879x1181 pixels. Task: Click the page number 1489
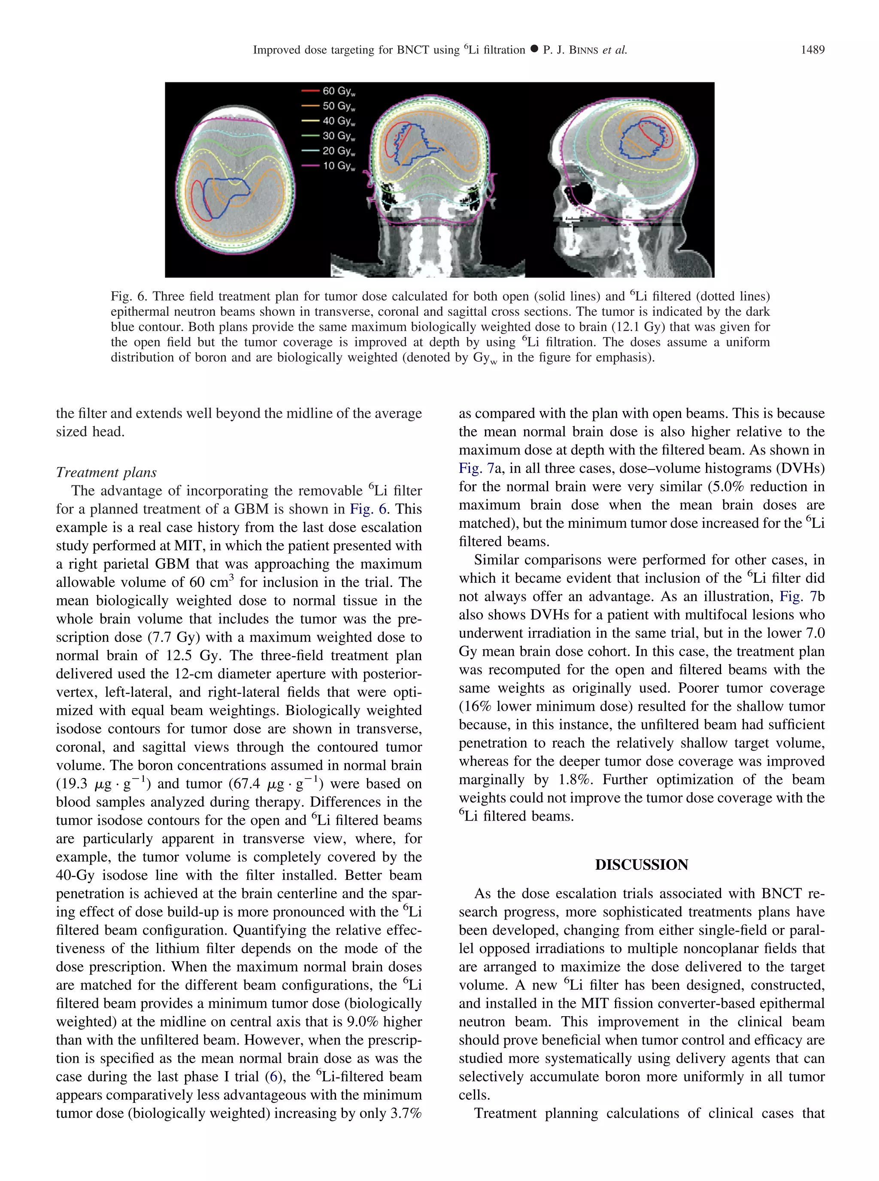tap(812, 50)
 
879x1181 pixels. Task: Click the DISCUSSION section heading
tap(641, 864)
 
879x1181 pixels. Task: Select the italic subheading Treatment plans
tap(106, 472)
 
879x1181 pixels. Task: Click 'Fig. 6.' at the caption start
tap(128, 296)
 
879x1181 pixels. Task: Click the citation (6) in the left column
tap(273, 1076)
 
